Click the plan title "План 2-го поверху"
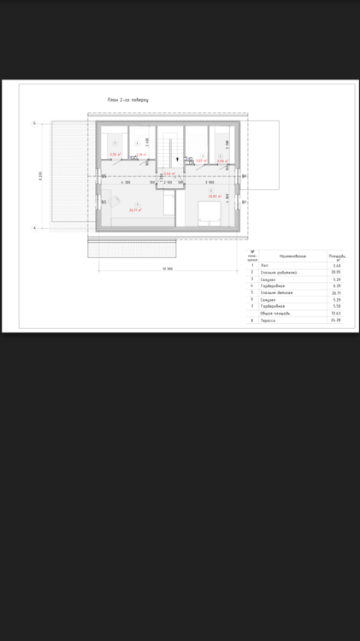pos(128,100)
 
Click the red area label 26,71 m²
pos(135,209)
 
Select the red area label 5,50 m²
pos(115,155)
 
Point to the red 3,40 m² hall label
pos(168,173)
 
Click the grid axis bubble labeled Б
pos(34,124)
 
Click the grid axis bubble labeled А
pos(34,228)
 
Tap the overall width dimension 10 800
pos(168,269)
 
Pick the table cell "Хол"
pos(264,266)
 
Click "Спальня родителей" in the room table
pos(276,273)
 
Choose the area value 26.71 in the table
pos(337,293)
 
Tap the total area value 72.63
pos(337,314)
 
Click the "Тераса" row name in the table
pos(268,320)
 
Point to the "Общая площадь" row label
pos(275,314)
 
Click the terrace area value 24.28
pos(337,320)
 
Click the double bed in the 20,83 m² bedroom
pos(209,211)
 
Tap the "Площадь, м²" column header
pos(337,256)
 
